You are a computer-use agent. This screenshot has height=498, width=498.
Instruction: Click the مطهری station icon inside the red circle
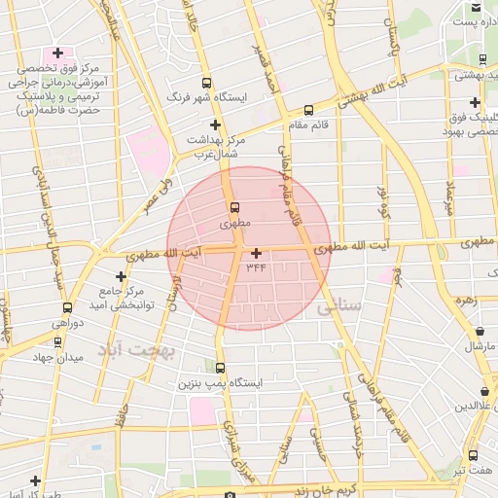233,207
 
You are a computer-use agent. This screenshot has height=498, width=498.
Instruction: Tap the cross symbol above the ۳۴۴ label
256,253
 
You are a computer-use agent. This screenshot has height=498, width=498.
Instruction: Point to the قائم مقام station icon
308,110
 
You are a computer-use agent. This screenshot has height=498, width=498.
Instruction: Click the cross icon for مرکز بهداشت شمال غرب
215,124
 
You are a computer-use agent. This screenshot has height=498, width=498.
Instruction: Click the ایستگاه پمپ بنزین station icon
220,368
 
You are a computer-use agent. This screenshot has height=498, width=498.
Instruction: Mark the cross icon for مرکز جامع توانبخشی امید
121,275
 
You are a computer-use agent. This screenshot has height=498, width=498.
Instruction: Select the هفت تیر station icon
474,455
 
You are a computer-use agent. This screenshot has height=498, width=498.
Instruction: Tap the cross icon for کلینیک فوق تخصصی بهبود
475,102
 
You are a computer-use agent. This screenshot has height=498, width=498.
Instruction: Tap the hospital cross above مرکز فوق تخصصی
57,53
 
